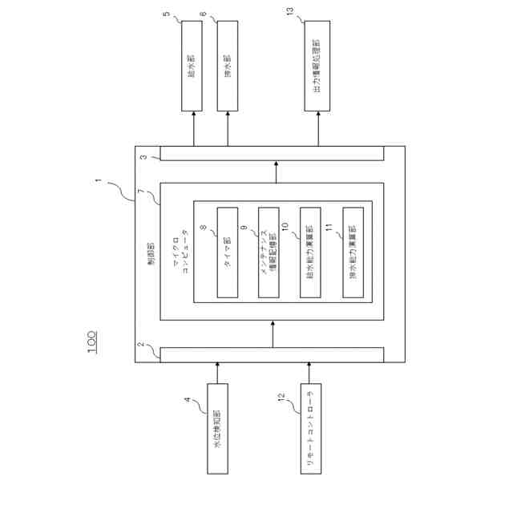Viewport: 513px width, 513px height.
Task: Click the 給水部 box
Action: [192, 65]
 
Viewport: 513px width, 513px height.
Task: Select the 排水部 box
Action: [228, 65]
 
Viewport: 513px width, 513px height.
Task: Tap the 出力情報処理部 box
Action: [317, 65]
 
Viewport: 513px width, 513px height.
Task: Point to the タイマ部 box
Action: [228, 252]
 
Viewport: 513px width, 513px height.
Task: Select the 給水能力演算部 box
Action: [309, 252]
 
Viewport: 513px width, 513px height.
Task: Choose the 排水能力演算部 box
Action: [353, 252]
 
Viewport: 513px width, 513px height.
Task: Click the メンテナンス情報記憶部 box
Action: [269, 252]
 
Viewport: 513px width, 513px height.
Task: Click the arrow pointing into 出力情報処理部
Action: [317, 128]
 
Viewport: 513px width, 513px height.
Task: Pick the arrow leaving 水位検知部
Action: [217, 373]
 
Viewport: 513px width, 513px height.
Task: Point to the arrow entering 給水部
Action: [192, 128]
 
